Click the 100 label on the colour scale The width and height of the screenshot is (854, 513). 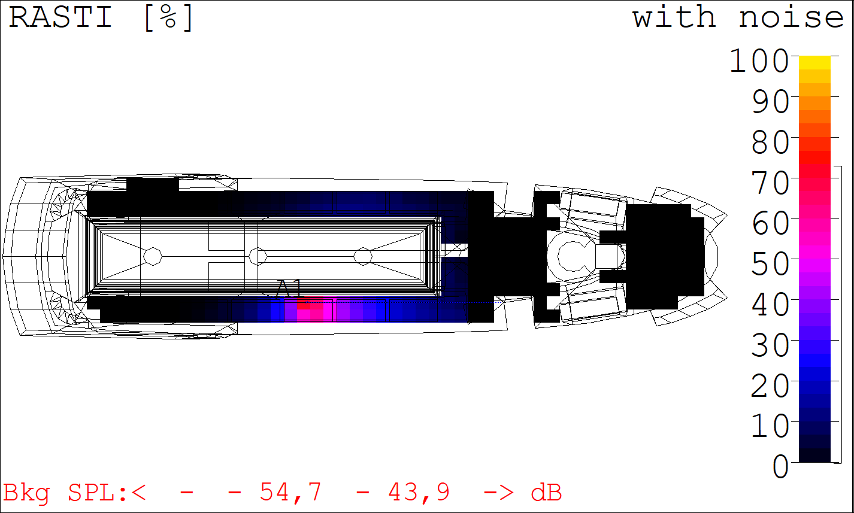pos(759,61)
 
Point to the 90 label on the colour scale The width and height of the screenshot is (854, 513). pos(770,102)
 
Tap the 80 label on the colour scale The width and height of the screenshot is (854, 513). pos(770,142)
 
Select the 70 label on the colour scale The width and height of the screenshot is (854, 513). pos(770,183)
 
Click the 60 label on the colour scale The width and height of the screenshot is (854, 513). pos(770,223)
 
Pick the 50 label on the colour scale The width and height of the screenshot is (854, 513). pos(770,264)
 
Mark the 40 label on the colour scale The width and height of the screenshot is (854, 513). pos(770,305)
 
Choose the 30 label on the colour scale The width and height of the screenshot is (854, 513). pos(770,345)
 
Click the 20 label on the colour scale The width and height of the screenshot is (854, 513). pos(770,385)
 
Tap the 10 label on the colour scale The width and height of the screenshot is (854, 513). pos(770,426)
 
